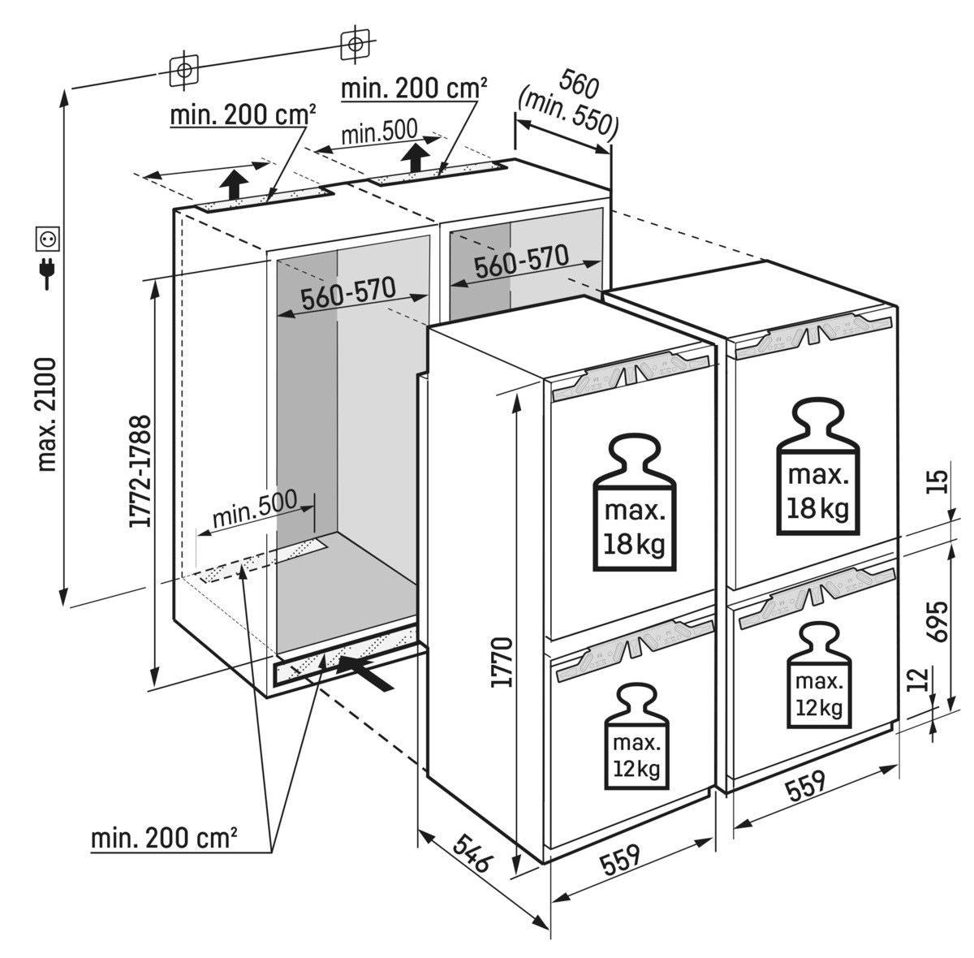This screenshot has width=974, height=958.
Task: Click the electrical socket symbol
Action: [47, 239]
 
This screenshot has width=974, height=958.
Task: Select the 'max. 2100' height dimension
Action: [47, 414]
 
